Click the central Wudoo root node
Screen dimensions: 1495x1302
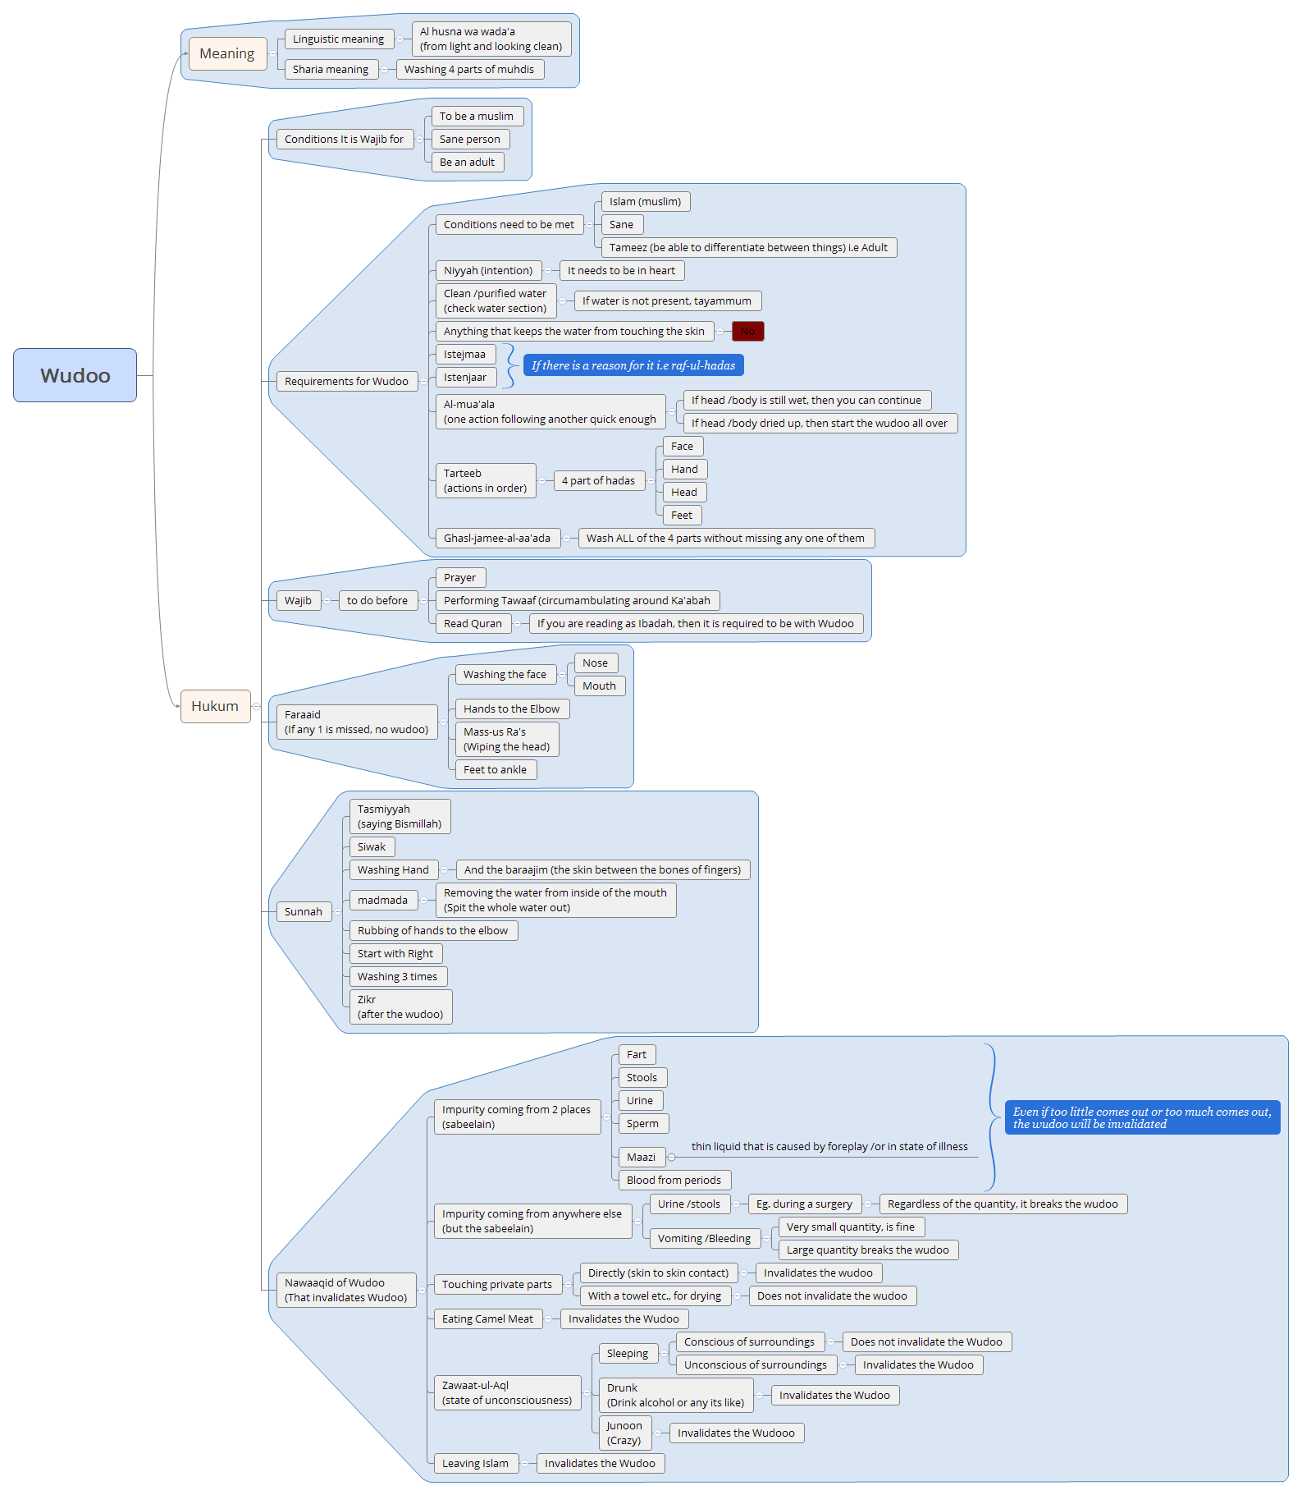(75, 375)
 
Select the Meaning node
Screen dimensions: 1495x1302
(227, 53)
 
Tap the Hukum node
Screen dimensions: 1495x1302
(215, 706)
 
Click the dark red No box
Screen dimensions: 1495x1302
(747, 331)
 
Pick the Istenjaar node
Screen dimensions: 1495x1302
(464, 378)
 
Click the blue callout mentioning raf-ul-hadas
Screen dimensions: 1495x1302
(633, 365)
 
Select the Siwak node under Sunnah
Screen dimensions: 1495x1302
(372, 846)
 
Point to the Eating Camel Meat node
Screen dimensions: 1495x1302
(487, 1318)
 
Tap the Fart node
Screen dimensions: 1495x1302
(636, 1054)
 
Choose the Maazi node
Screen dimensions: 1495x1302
(641, 1157)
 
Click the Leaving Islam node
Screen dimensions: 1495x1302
(475, 1463)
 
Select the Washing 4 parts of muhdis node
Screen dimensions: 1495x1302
(469, 70)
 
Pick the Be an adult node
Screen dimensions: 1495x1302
(467, 163)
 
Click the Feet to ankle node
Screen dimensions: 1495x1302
(495, 769)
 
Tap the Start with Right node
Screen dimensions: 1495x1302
(395, 953)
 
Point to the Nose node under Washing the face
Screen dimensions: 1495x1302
(595, 663)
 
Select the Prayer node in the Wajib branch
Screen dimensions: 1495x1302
(459, 577)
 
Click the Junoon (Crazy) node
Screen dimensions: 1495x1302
(624, 1433)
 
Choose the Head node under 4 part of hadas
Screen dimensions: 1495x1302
(684, 492)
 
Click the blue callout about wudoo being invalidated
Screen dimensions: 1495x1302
(1141, 1117)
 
